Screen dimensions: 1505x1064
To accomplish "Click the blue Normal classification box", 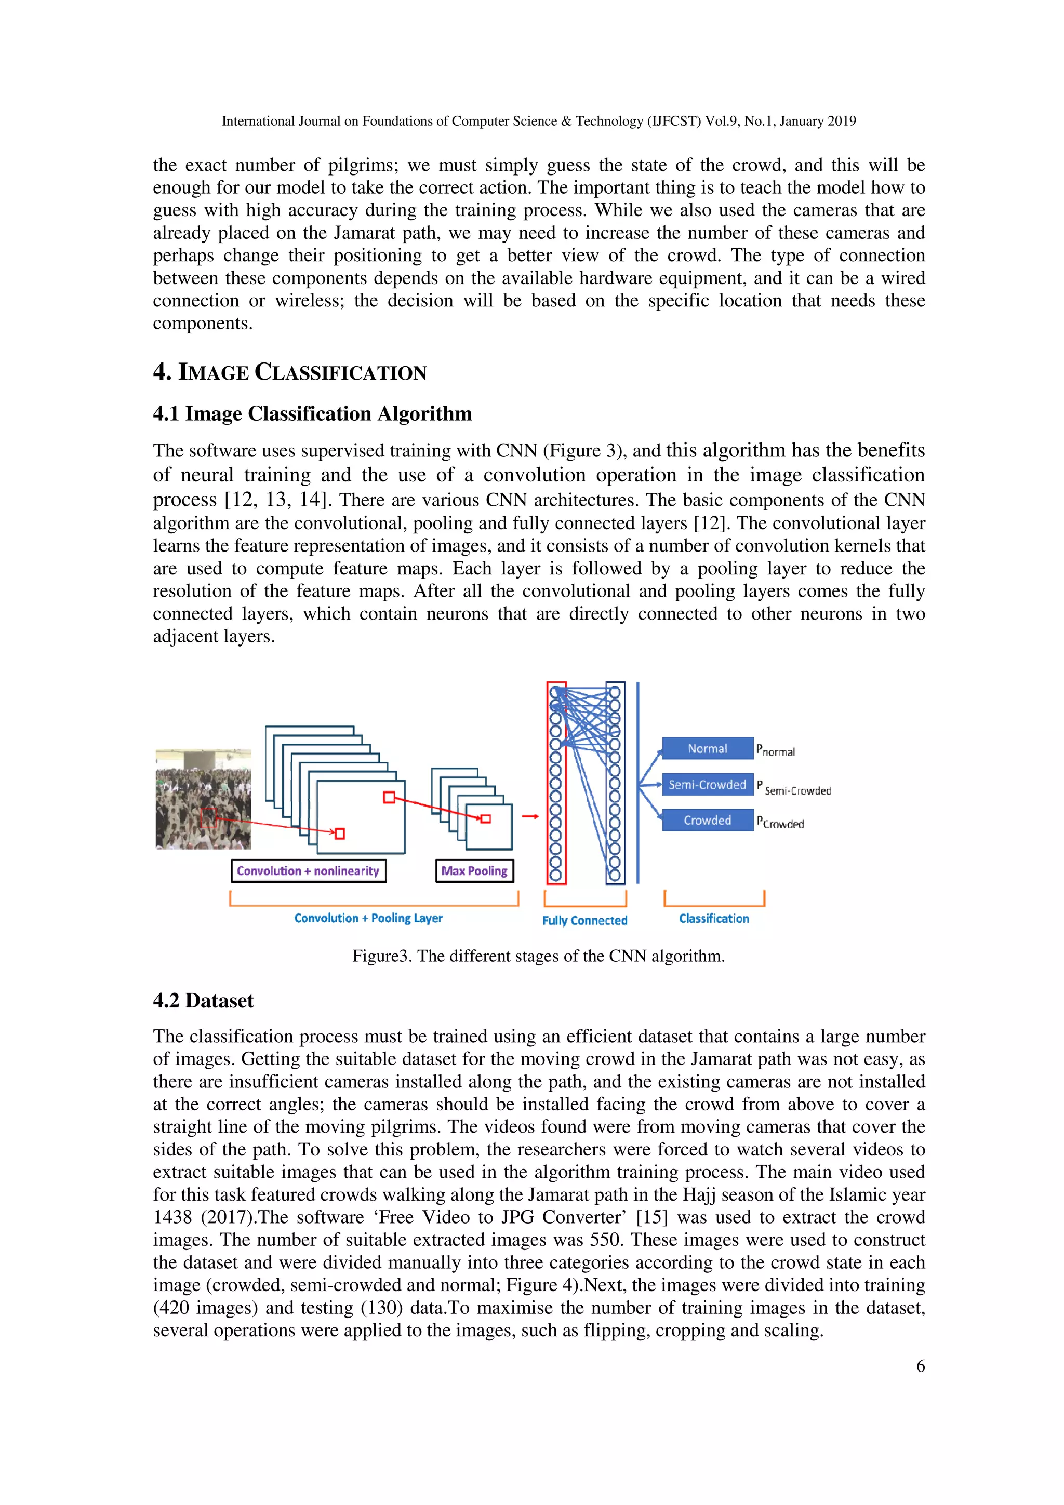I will (708, 748).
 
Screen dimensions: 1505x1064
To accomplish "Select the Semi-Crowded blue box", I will (708, 785).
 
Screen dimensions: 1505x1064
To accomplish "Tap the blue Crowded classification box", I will (708, 821).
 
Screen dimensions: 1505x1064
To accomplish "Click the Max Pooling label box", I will (474, 871).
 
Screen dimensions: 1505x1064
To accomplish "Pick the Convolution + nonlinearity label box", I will (308, 871).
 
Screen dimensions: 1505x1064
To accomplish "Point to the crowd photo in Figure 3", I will (203, 800).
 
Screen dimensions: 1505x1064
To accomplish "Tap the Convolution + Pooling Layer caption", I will (368, 918).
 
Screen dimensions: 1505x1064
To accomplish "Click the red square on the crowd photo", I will (208, 818).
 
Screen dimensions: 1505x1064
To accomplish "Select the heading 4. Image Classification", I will (290, 372).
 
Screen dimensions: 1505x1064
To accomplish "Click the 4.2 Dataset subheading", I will (203, 1001).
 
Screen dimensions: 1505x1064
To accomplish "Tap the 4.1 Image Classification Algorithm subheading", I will (312, 413).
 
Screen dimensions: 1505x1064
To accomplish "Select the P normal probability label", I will (776, 750).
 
